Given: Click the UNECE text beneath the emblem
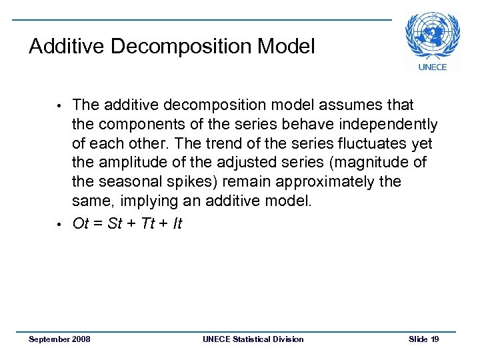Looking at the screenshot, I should tap(432, 67).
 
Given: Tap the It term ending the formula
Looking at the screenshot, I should tap(177, 223).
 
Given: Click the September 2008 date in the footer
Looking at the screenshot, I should tap(60, 339).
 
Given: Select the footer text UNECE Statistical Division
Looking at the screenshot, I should tap(253, 339).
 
